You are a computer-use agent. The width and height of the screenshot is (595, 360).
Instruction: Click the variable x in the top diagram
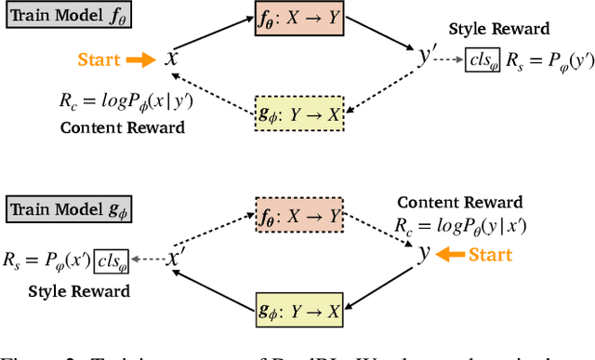[171, 59]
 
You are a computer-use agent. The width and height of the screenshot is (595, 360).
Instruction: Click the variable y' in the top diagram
[426, 58]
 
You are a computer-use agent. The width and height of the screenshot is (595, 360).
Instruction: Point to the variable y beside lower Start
[424, 253]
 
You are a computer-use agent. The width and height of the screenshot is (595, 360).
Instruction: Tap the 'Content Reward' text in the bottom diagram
[460, 202]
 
